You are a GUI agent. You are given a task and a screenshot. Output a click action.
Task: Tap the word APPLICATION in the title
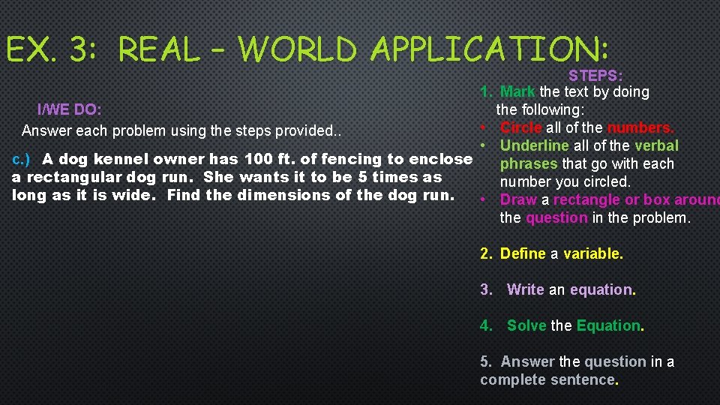[484, 49]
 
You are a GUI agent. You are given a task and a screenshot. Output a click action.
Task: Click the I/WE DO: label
[70, 109]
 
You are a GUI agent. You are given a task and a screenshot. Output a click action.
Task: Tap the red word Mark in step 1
[517, 91]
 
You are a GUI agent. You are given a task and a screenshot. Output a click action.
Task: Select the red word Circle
[520, 127]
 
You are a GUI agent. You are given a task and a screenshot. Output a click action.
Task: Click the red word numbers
[641, 127]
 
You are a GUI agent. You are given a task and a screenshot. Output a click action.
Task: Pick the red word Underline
[534, 145]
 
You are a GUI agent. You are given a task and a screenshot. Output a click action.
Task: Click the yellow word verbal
[656, 145]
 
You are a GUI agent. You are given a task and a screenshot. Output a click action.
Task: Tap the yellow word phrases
[529, 163]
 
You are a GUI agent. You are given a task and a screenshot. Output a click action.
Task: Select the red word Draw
[517, 199]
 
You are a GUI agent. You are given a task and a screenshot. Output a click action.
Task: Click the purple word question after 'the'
[556, 217]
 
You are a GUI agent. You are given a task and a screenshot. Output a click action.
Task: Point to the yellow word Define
[523, 253]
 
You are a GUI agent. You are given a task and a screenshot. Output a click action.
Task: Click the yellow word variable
[593, 253]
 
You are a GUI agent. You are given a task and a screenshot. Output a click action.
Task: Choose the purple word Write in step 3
[526, 289]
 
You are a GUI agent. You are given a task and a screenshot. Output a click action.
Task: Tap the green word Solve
[526, 325]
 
